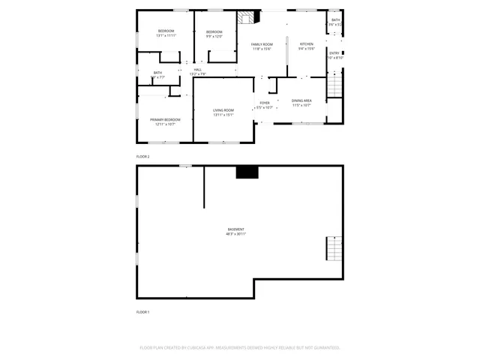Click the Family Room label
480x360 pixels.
tap(262, 44)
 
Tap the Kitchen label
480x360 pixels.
tap(307, 44)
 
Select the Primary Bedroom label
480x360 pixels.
tap(165, 119)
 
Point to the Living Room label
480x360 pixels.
tap(223, 110)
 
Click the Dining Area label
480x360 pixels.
tap(302, 100)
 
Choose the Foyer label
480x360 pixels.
tap(265, 103)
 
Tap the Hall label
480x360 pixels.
tap(198, 70)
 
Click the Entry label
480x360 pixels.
tap(334, 52)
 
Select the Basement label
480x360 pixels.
tap(236, 229)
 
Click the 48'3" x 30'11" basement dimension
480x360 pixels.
tap(236, 234)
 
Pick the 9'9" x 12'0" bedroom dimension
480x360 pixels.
tap(215, 36)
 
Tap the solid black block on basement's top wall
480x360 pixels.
tap(247, 172)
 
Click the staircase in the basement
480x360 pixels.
tap(334, 247)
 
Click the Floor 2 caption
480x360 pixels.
tap(143, 157)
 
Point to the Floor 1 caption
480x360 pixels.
tap(143, 311)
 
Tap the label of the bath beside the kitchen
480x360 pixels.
tap(336, 20)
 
